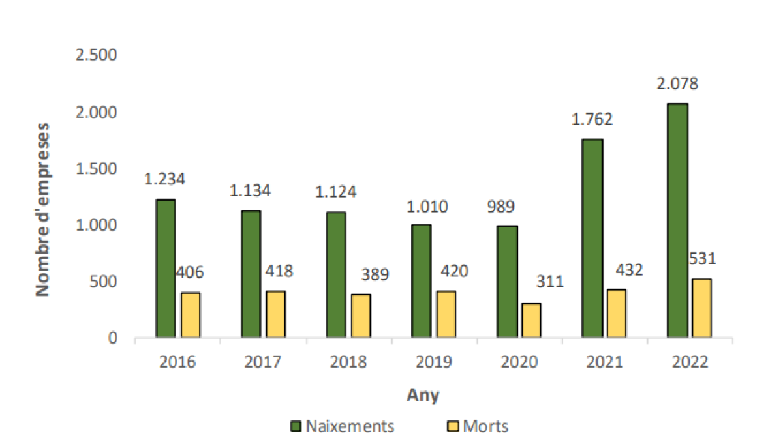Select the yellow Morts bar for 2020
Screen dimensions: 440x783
point(531,321)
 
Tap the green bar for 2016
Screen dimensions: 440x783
point(166,269)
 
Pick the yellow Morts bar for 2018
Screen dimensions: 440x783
point(361,316)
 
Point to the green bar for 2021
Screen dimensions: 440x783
point(592,239)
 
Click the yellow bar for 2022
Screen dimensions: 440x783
point(702,308)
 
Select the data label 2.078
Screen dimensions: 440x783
point(679,84)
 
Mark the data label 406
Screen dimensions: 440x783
point(190,272)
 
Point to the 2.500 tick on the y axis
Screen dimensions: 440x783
point(97,55)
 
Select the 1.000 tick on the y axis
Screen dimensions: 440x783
point(97,226)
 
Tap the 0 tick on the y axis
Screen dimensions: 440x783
point(112,338)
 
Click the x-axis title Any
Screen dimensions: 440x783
point(423,395)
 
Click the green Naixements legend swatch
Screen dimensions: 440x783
point(295,427)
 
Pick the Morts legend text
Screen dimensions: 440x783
point(485,427)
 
